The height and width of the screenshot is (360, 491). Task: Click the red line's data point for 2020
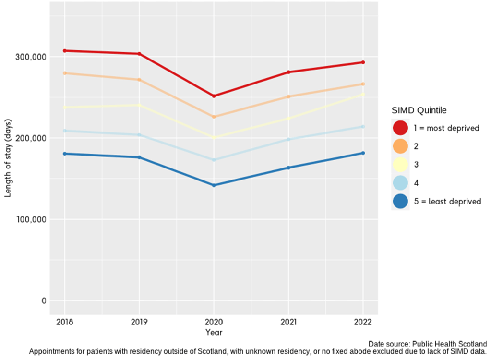pos(214,96)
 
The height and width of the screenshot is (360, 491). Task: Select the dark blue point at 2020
pos(214,185)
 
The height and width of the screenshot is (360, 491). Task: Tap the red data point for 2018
pos(65,51)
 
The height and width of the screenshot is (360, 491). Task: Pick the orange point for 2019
pos(139,80)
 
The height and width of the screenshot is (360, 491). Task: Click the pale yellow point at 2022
pos(363,95)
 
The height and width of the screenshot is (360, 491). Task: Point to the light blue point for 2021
pos(288,139)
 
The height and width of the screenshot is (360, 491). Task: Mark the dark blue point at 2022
pos(363,153)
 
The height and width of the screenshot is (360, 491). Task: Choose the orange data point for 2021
pos(288,96)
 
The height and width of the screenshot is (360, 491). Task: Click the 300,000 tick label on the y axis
pos(31,57)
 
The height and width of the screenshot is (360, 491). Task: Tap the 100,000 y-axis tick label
pos(31,219)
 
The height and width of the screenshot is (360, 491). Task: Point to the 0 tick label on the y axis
pos(44,301)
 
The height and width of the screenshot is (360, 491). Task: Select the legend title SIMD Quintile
pos(419,110)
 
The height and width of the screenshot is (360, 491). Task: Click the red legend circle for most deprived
pos(400,128)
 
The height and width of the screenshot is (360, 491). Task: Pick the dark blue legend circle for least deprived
pos(400,202)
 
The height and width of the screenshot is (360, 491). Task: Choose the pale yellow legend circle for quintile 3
pos(400,165)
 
